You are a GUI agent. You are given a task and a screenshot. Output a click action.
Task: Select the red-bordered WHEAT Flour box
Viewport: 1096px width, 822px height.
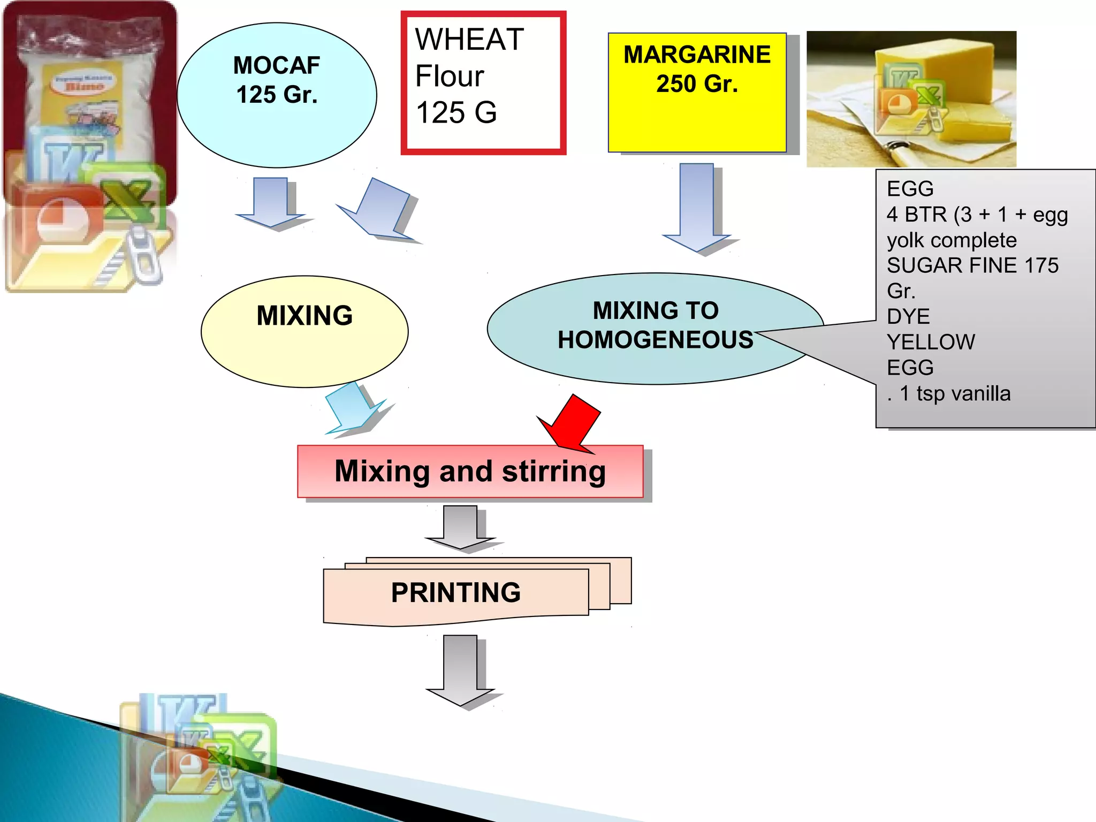[x=483, y=83]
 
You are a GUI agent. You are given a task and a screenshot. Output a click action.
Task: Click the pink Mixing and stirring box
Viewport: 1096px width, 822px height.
[x=470, y=471]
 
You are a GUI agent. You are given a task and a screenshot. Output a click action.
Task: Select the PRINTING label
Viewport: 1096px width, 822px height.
[x=455, y=593]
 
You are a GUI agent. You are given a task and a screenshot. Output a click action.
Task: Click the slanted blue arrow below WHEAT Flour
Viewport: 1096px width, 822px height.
[x=379, y=209]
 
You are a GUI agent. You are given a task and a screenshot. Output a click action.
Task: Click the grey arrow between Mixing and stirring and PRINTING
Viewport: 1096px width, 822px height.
[x=460, y=527]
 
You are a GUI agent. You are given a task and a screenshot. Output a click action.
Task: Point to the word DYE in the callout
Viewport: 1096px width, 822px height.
[x=908, y=317]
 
